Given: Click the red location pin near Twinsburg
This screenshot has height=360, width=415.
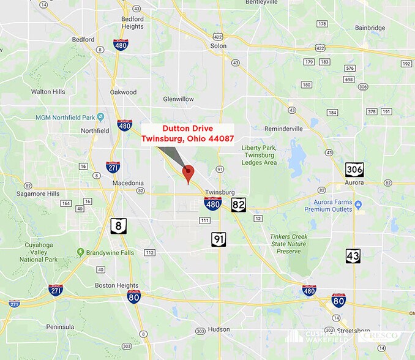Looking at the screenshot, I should [x=189, y=173].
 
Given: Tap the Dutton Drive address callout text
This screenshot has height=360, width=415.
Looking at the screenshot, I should [x=195, y=133].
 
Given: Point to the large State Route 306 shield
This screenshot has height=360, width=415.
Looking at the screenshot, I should [x=354, y=168].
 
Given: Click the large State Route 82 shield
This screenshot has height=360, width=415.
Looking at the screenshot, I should [x=239, y=204].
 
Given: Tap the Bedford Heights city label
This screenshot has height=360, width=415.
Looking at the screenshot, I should [x=133, y=23].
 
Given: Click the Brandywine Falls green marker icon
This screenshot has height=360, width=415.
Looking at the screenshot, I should [x=80, y=252].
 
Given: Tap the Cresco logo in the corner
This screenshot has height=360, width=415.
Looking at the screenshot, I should [x=382, y=336].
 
